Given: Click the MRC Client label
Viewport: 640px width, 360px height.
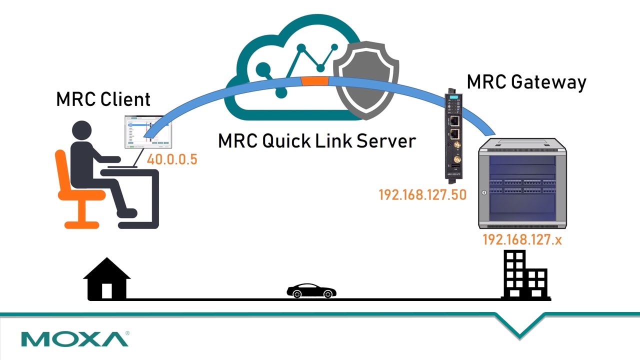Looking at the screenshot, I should (x=103, y=99).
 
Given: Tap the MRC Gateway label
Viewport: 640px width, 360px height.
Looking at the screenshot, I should (x=526, y=82).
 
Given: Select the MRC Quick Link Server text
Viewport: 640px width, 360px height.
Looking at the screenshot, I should (x=316, y=141).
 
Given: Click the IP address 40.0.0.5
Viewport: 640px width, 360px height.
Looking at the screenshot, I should (x=172, y=160).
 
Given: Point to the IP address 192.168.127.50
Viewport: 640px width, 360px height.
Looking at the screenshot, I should (x=422, y=194).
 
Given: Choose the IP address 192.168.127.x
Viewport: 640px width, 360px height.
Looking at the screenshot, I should (x=522, y=240).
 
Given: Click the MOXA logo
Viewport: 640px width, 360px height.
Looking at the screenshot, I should (x=75, y=339).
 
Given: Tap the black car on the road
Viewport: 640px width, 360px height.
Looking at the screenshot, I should (x=311, y=291).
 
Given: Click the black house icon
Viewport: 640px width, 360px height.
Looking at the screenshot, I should (x=106, y=279).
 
